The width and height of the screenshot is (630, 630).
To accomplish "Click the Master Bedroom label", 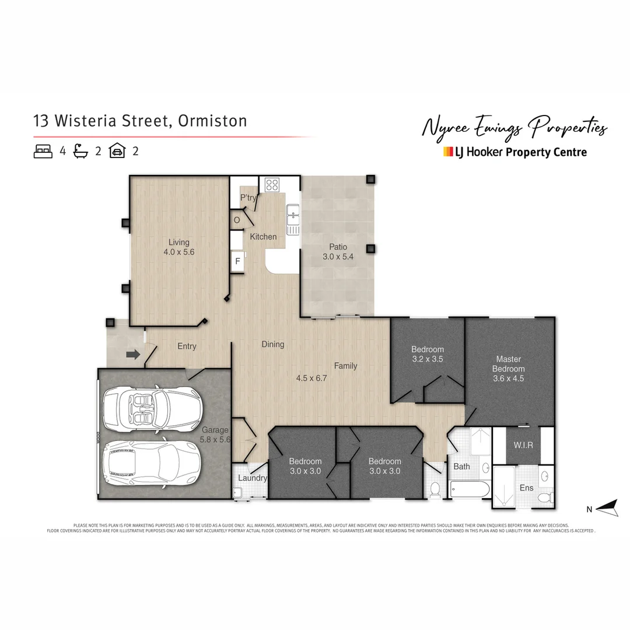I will tap(508, 369).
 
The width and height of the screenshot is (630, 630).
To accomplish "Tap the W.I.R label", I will tap(523, 445).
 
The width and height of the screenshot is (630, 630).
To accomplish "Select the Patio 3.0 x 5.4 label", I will tap(337, 252).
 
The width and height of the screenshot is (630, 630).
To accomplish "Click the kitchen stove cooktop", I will tap(272, 185).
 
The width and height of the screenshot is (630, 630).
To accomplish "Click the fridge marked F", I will tap(237, 261).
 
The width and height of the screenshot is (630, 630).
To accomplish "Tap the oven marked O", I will tap(237, 220).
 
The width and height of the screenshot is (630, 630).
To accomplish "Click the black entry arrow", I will tap(133, 354).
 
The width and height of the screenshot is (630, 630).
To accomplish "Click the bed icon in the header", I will tap(43, 151).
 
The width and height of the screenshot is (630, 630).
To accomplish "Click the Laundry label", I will tap(253, 478).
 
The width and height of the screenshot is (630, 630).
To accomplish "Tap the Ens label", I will tap(526, 488).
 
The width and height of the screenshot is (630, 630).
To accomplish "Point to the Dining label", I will tap(273, 344).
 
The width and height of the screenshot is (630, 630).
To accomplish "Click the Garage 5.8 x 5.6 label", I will tap(215, 435).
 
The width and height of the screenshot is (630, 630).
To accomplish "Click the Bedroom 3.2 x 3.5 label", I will tap(427, 354).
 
